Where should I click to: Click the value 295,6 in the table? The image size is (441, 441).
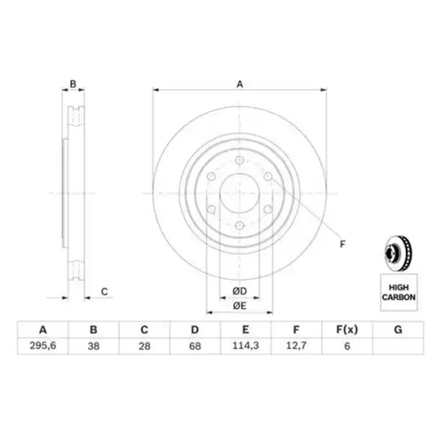tap(43, 346)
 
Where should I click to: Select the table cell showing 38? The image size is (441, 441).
tap(93, 346)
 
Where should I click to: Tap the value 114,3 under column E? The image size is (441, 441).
tap(245, 346)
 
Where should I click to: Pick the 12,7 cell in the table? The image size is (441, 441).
tap(296, 346)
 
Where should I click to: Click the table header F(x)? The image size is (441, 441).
tap(347, 330)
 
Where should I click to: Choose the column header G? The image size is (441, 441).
tap(398, 330)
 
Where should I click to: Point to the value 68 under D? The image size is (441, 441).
tap(195, 346)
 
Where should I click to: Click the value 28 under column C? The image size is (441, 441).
tap(144, 346)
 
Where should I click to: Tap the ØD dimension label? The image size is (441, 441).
tap(240, 291)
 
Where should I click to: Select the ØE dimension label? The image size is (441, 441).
tap(240, 306)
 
